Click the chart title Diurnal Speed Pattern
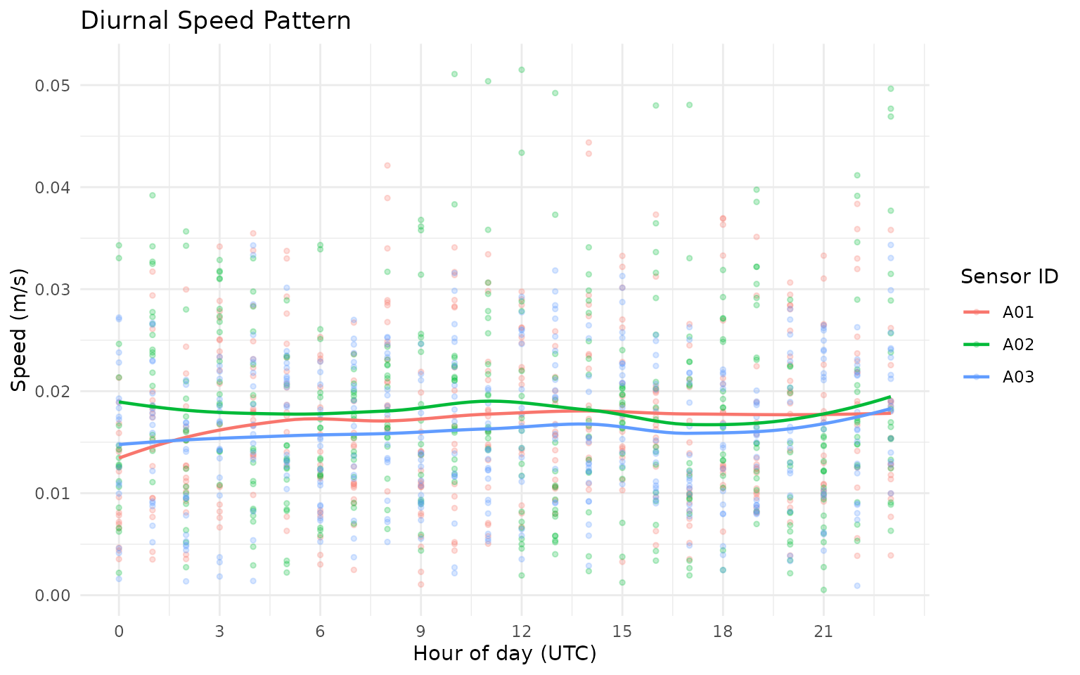(x=216, y=20)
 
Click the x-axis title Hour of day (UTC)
(x=504, y=653)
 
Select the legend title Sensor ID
(x=1010, y=277)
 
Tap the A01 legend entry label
(x=1019, y=312)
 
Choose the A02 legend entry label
(x=1019, y=345)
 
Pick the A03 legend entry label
(x=1019, y=378)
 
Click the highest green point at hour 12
(x=522, y=70)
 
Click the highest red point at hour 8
(x=387, y=165)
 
